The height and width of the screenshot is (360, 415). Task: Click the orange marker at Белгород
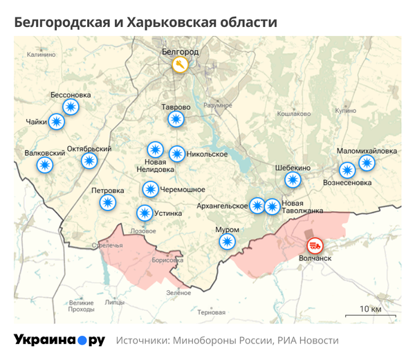coord(181,65)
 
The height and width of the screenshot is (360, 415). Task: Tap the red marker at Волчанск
coord(315,245)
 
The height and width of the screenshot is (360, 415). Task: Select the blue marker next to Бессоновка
coord(71,107)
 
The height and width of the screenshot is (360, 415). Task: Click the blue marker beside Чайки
coord(57,122)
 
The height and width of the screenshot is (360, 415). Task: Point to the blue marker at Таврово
coord(176,119)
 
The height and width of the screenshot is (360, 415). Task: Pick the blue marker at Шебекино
coord(293,179)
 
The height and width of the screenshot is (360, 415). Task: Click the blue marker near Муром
coord(227,241)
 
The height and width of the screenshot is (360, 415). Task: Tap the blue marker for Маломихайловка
coord(366,163)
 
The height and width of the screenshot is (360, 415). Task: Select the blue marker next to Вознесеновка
coord(347,170)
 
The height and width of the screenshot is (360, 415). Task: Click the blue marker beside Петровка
coord(107,202)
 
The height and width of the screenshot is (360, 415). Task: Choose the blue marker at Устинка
coord(144,213)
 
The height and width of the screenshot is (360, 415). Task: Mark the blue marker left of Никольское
coord(177,154)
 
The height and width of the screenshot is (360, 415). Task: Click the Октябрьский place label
coord(89,149)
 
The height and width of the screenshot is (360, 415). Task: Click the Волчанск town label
coord(315,258)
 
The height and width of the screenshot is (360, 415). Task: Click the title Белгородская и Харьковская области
coord(146,22)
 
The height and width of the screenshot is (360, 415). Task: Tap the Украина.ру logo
coord(59,340)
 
